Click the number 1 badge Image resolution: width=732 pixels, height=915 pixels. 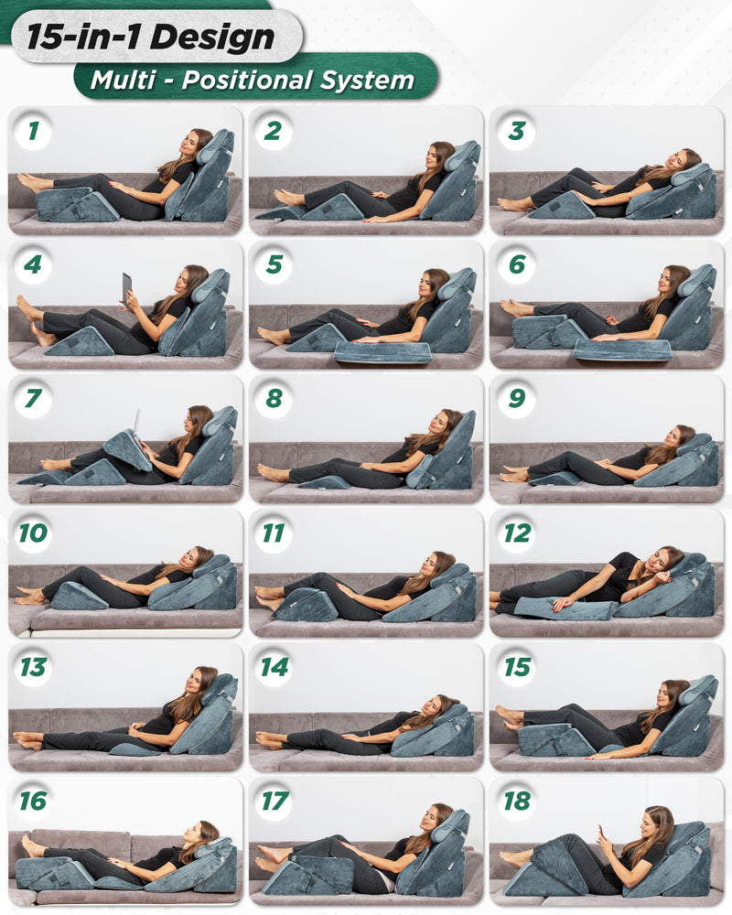33,131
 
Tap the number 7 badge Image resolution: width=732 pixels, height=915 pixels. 33,400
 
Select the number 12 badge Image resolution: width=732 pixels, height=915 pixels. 517,533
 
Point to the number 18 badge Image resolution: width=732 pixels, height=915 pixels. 517,801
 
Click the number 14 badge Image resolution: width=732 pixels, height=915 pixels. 274,667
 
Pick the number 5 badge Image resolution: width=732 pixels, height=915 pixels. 274,265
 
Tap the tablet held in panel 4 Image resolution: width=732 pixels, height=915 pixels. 125,287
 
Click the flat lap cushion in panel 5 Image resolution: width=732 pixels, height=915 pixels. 382,351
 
